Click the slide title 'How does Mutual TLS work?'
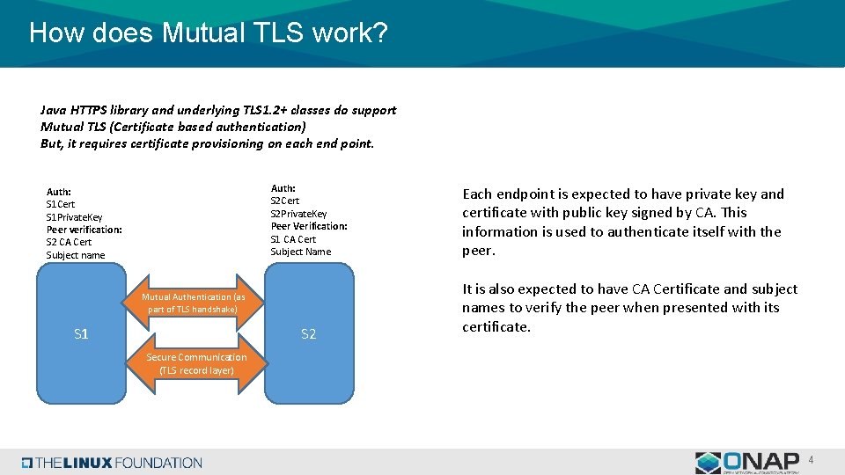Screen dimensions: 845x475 (x=208, y=33)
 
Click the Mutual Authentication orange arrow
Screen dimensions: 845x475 (x=195, y=303)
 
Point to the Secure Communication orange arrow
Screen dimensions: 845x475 (x=196, y=363)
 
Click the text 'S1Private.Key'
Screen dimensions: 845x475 (x=74, y=217)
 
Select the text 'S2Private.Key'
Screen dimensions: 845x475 (x=298, y=214)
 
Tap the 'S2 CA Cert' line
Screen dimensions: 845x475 (x=69, y=242)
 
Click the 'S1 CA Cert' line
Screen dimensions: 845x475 (x=293, y=238)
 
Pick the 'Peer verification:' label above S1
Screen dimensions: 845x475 (x=84, y=230)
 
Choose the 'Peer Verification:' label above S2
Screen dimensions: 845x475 (x=309, y=226)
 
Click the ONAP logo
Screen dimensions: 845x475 (x=747, y=462)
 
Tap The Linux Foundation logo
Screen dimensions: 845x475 (x=112, y=463)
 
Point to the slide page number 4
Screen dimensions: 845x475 (x=811, y=459)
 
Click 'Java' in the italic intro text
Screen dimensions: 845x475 (x=54, y=110)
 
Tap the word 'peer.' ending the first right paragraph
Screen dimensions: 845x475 (x=479, y=251)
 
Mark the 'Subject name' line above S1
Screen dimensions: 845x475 (x=75, y=255)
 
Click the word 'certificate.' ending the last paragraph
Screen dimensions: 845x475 (x=496, y=327)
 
